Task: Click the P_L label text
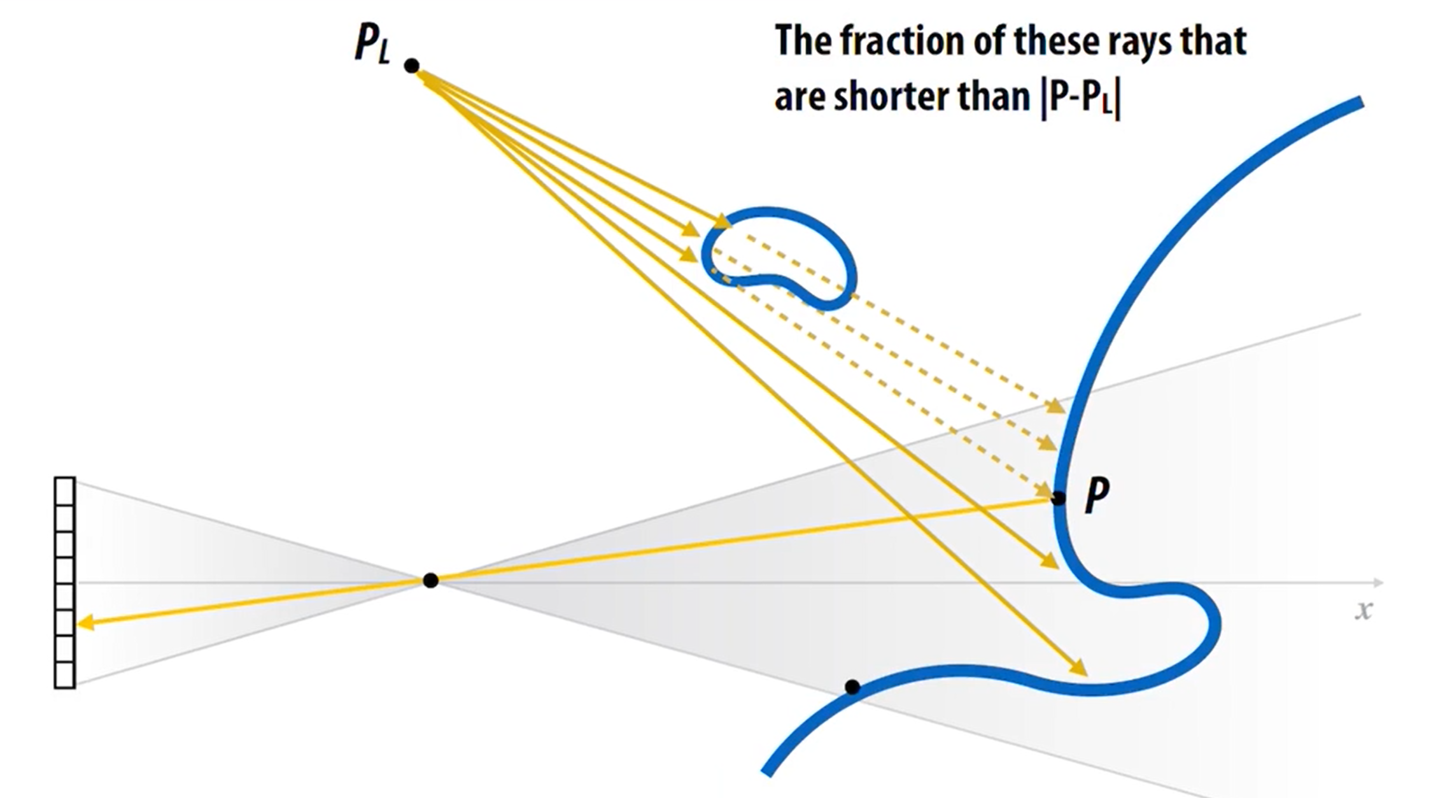pyautogui.click(x=372, y=45)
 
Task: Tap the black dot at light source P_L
pyautogui.click(x=412, y=66)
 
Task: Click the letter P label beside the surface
pyautogui.click(x=1097, y=495)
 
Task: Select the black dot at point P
pyautogui.click(x=1058, y=498)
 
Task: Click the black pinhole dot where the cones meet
pyautogui.click(x=431, y=580)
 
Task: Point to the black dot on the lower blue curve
pyautogui.click(x=852, y=687)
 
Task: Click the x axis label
pyautogui.click(x=1363, y=610)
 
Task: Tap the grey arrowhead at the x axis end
pyautogui.click(x=1378, y=582)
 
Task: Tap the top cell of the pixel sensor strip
pyautogui.click(x=65, y=490)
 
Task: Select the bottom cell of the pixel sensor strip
pyautogui.click(x=65, y=674)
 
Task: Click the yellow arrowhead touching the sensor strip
pyautogui.click(x=85, y=623)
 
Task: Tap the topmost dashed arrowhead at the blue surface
pyautogui.click(x=1056, y=406)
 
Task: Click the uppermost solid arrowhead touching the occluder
pyautogui.click(x=722, y=222)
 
